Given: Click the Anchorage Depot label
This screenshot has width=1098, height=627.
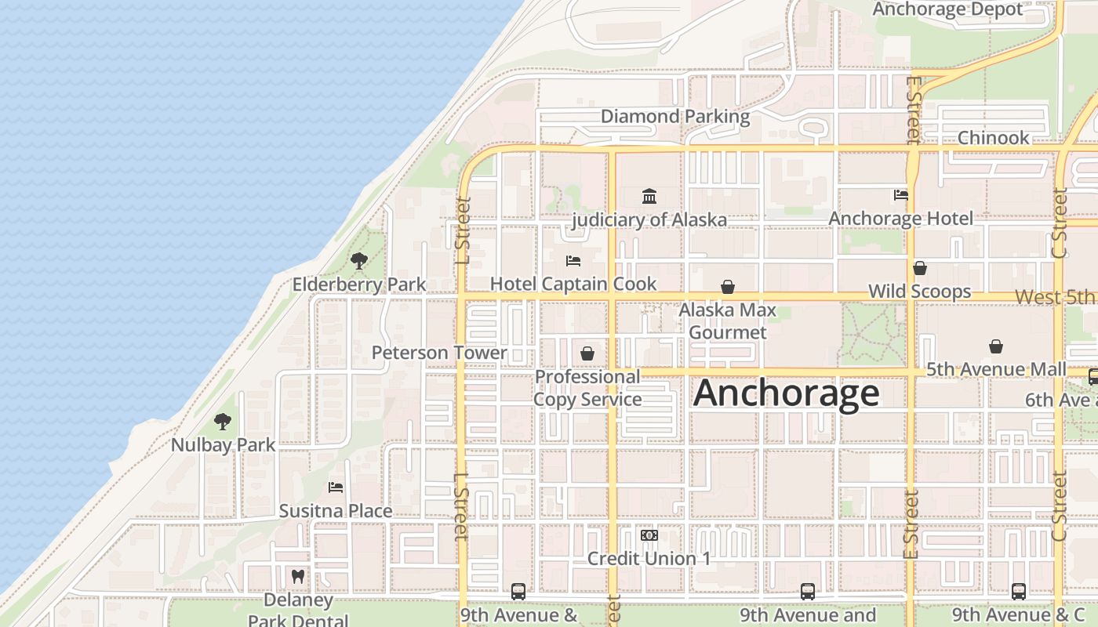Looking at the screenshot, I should pos(947,9).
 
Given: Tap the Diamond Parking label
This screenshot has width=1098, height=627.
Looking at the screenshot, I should pos(674,117).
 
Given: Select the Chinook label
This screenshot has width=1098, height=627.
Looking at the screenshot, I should pos(993,138).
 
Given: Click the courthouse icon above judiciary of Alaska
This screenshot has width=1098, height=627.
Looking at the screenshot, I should pos(649,196).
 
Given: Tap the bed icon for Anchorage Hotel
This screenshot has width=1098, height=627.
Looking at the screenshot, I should pos(900,194).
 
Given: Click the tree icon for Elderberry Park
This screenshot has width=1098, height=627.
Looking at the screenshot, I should pos(359,260).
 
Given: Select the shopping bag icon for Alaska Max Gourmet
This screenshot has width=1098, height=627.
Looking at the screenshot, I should pos(728,287).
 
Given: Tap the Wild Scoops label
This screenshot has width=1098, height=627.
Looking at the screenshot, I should pos(919,292).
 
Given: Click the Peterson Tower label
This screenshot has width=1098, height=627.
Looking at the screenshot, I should pos(439,353).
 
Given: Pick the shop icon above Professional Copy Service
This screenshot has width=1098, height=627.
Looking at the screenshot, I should pos(587,353).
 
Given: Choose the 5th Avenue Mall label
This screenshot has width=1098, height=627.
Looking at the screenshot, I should pos(996,369).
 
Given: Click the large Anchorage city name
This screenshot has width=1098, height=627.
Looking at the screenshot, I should pos(786,393).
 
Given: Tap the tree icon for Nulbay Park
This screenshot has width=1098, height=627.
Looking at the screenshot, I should pos(223,421).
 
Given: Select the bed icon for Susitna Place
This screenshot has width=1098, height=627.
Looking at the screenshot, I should pos(336,487).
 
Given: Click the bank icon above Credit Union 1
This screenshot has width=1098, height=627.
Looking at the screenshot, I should pos(649,535).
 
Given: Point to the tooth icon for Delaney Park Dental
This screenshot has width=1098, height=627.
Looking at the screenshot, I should pos(297,576).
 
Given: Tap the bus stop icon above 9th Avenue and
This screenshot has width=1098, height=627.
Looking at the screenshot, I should pos(808,592).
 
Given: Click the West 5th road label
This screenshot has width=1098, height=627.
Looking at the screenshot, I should pos(1055,298).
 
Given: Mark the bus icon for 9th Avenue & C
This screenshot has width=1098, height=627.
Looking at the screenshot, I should pos(1018,592).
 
